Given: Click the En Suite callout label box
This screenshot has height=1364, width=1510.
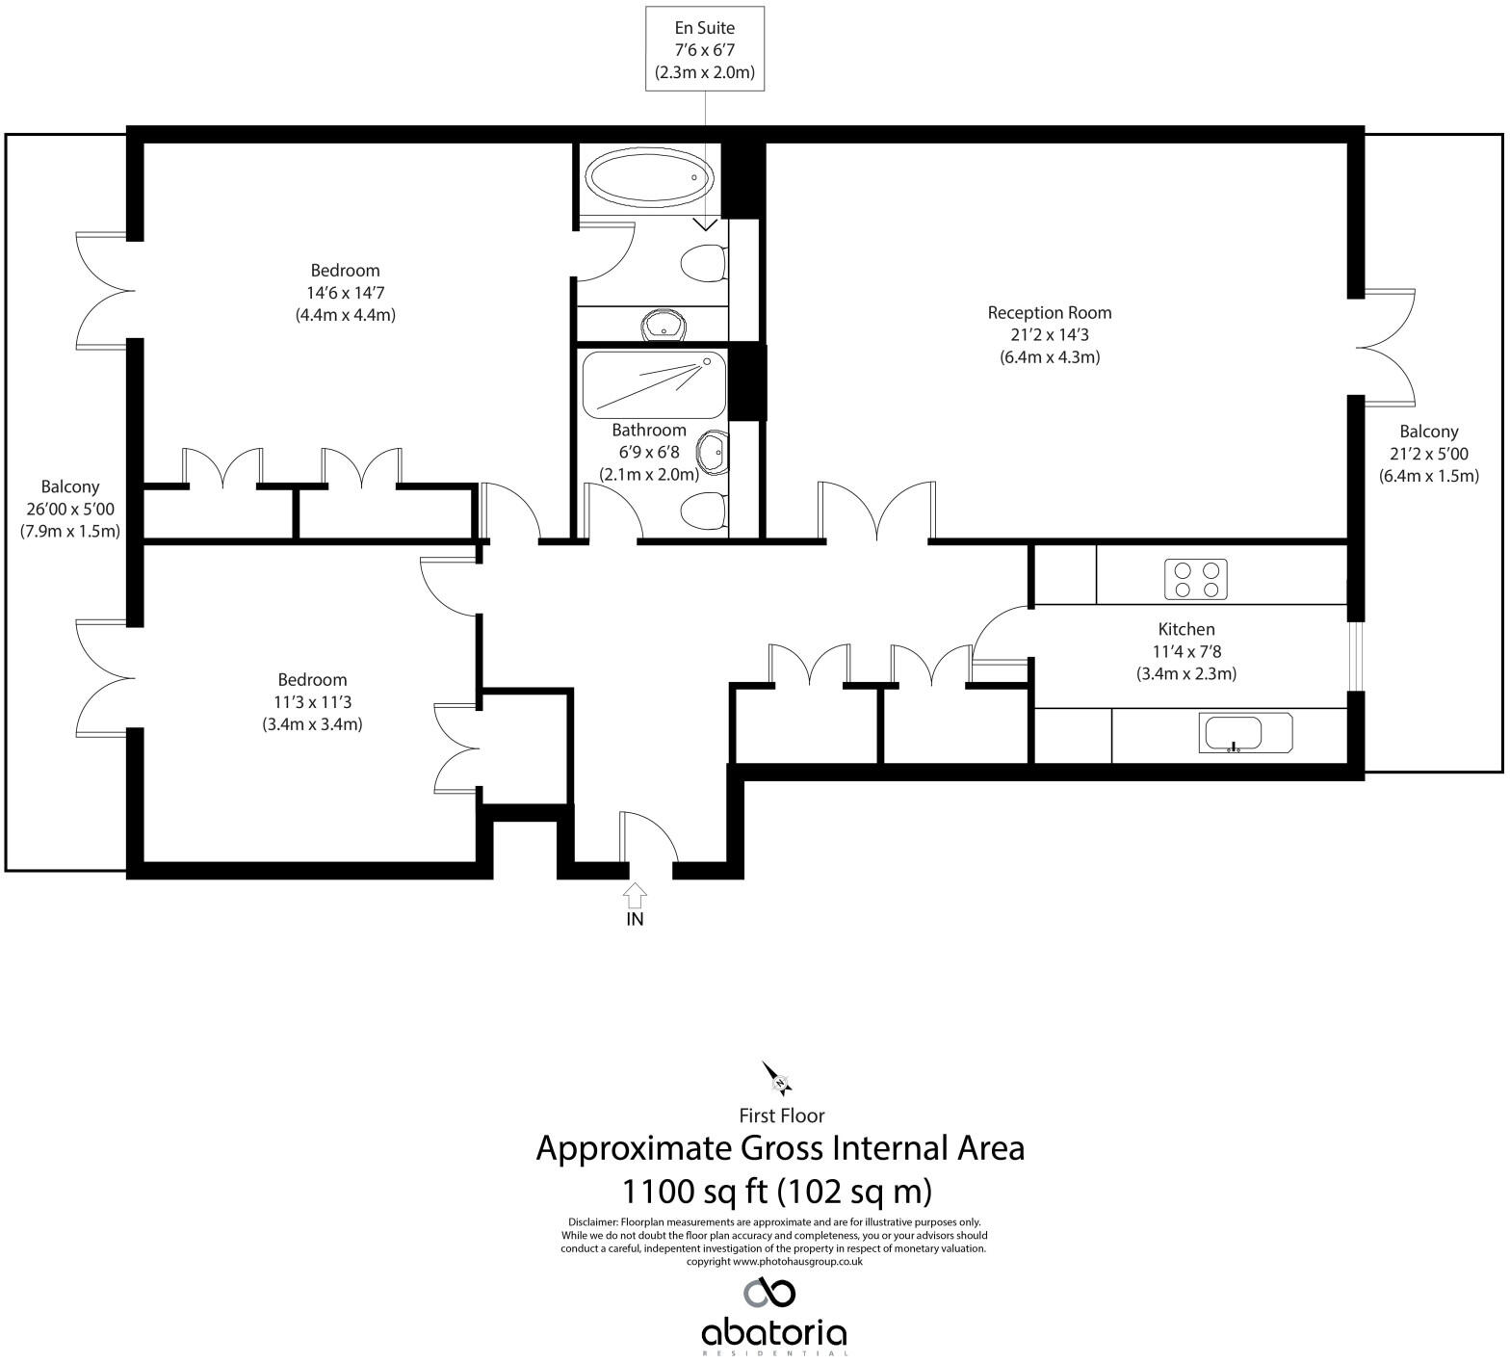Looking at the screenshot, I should (x=705, y=49).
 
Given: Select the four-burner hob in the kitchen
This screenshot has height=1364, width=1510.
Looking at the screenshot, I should (x=1196, y=578).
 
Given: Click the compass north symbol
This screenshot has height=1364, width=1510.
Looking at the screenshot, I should (x=777, y=1078).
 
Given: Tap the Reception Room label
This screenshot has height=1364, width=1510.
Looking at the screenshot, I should (x=1049, y=313).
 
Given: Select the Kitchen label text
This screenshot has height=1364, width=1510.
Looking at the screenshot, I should (x=1185, y=629).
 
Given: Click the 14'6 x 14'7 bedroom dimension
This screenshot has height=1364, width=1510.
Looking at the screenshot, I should (x=345, y=293).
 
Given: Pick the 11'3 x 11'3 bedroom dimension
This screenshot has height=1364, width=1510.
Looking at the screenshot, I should (x=312, y=702).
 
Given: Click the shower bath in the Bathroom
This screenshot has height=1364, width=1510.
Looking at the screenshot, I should (x=653, y=383).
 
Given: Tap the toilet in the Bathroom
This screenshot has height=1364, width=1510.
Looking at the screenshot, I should (x=703, y=511).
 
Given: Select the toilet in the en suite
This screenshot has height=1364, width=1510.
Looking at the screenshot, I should (x=703, y=263).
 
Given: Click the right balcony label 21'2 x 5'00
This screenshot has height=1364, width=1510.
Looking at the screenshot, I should (x=1428, y=454).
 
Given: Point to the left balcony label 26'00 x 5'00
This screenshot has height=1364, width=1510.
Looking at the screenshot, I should (x=70, y=509).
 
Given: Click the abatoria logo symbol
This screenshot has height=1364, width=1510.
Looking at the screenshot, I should (x=769, y=1292).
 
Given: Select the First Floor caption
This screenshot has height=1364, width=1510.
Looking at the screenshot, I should (x=781, y=1115).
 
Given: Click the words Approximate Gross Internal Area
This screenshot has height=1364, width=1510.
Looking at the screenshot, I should (x=779, y=1148).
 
